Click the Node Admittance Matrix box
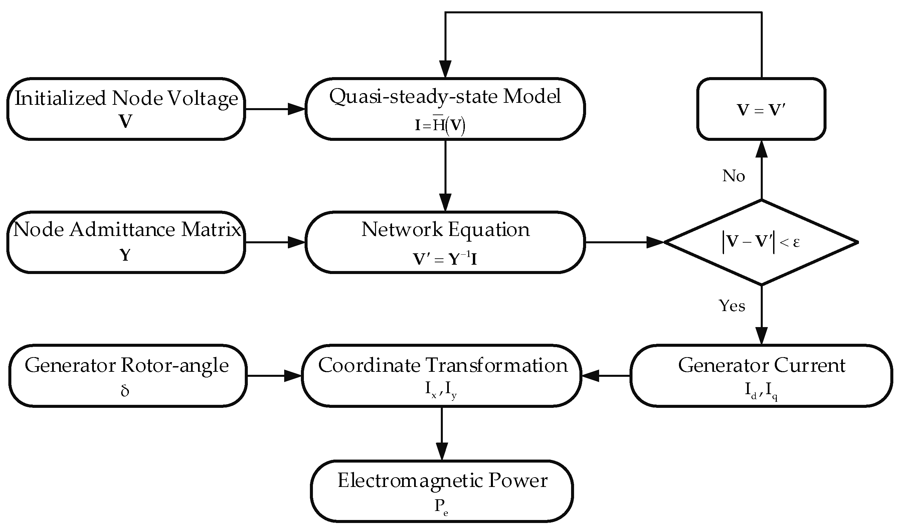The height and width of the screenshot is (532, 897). click(x=126, y=242)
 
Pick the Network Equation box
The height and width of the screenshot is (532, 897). click(x=445, y=242)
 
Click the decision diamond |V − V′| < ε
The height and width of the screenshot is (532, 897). click(x=761, y=242)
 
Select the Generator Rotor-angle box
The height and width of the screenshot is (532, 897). click(x=127, y=376)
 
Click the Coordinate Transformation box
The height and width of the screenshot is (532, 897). click(x=441, y=376)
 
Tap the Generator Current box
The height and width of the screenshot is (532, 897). click(x=761, y=376)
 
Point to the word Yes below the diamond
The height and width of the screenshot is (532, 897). click(x=732, y=306)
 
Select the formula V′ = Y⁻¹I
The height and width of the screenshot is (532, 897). click(x=445, y=259)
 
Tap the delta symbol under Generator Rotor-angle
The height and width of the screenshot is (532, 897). click(x=125, y=391)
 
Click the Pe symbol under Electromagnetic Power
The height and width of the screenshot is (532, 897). click(x=441, y=507)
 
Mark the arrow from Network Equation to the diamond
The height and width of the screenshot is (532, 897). click(x=624, y=242)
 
